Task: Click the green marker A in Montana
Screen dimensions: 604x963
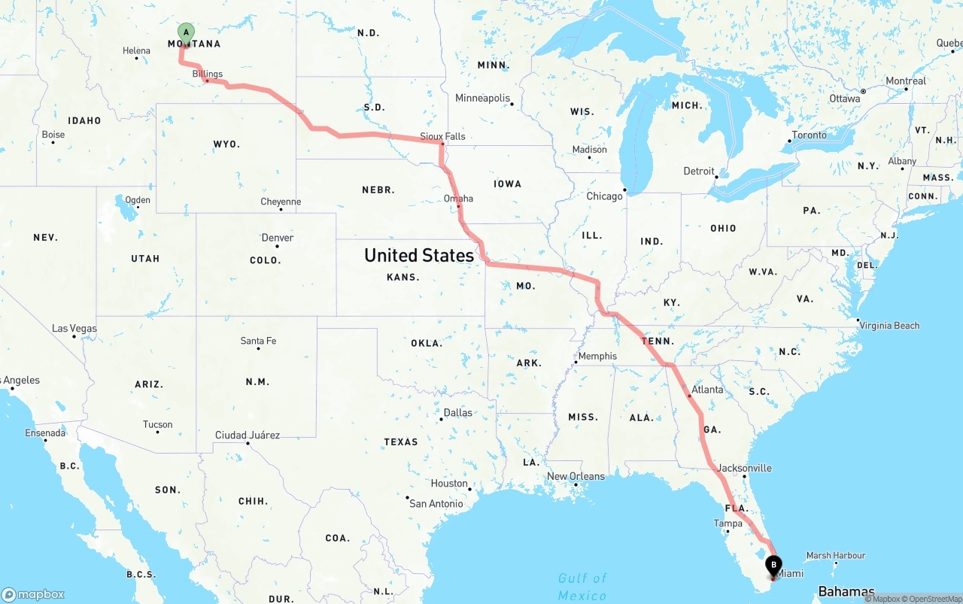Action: [185, 32]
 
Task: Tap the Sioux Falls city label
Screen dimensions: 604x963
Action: [442, 136]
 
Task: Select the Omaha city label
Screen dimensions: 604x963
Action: [458, 199]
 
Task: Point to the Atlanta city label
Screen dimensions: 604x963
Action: [707, 390]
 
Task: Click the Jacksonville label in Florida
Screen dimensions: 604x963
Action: [744, 468]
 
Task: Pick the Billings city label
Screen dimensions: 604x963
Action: [207, 74]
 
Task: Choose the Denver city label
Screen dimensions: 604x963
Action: [277, 238]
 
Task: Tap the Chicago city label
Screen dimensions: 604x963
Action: [604, 196]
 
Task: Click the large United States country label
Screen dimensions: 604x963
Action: [419, 255]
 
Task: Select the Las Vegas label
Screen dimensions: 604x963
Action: [74, 328]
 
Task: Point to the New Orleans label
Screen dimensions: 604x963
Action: [576, 476]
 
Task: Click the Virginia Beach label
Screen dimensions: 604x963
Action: [889, 326]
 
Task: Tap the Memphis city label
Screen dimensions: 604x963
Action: [597, 356]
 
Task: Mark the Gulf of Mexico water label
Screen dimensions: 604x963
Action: [582, 587]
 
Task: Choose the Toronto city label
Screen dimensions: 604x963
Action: [809, 135]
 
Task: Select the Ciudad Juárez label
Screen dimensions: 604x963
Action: [247, 435]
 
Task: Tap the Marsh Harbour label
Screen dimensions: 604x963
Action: [836, 556]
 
